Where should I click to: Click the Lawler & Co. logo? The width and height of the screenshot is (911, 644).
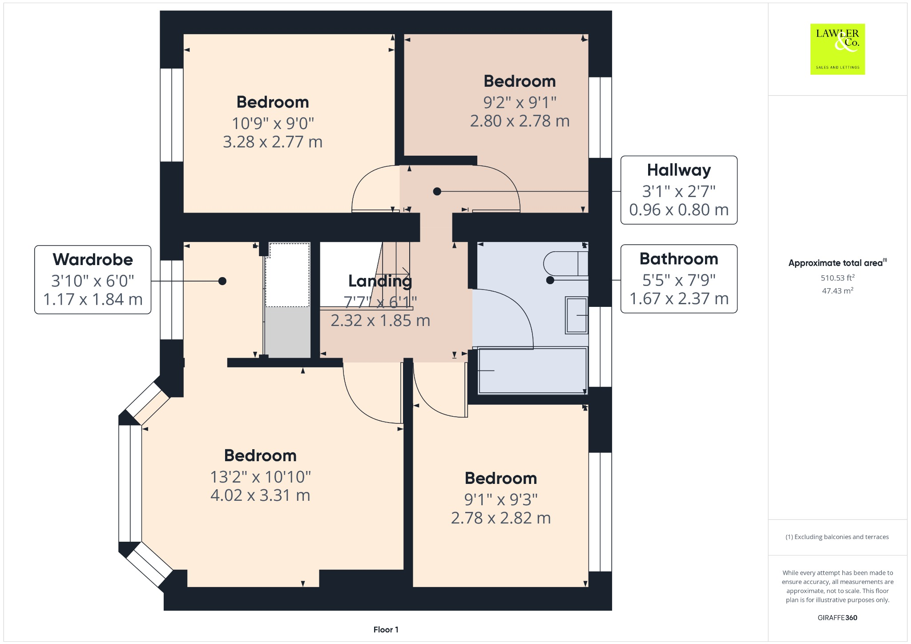click(x=837, y=49)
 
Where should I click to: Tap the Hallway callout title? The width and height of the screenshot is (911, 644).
click(x=678, y=170)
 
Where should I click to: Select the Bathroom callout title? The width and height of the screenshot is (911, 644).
click(x=678, y=259)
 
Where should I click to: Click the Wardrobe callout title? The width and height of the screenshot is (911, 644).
click(x=93, y=259)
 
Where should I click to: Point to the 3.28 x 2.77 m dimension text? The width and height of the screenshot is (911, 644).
click(x=272, y=142)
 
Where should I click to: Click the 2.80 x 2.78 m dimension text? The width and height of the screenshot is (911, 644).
click(x=520, y=121)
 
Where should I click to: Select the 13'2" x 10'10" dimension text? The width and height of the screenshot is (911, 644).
click(x=260, y=477)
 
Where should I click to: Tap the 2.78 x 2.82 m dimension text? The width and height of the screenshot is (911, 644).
click(x=500, y=518)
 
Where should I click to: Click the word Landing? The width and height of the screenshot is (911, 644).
click(x=380, y=281)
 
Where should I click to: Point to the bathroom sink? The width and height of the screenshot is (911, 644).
click(x=576, y=315)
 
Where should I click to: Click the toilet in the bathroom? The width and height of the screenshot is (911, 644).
click(x=565, y=264)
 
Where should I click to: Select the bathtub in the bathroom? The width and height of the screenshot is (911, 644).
click(x=532, y=371)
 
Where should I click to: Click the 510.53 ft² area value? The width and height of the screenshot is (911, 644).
click(x=837, y=278)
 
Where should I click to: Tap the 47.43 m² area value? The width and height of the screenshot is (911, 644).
click(x=837, y=291)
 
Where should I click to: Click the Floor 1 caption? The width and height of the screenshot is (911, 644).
click(x=386, y=629)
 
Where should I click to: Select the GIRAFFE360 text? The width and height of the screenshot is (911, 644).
click(x=837, y=618)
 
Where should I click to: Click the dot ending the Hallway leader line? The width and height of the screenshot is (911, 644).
click(x=437, y=192)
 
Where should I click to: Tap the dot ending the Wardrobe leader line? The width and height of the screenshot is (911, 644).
click(x=222, y=281)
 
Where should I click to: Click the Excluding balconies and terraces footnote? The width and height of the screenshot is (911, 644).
click(x=837, y=537)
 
